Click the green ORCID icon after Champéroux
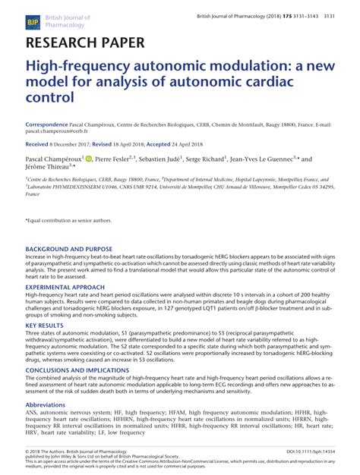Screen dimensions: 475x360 (89, 159)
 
